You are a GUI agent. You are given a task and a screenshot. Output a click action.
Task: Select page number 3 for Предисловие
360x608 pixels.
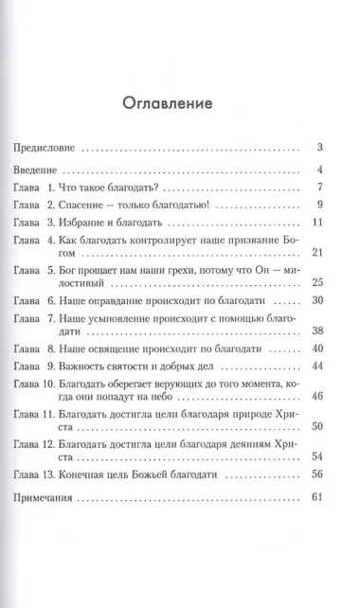point(321,148)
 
